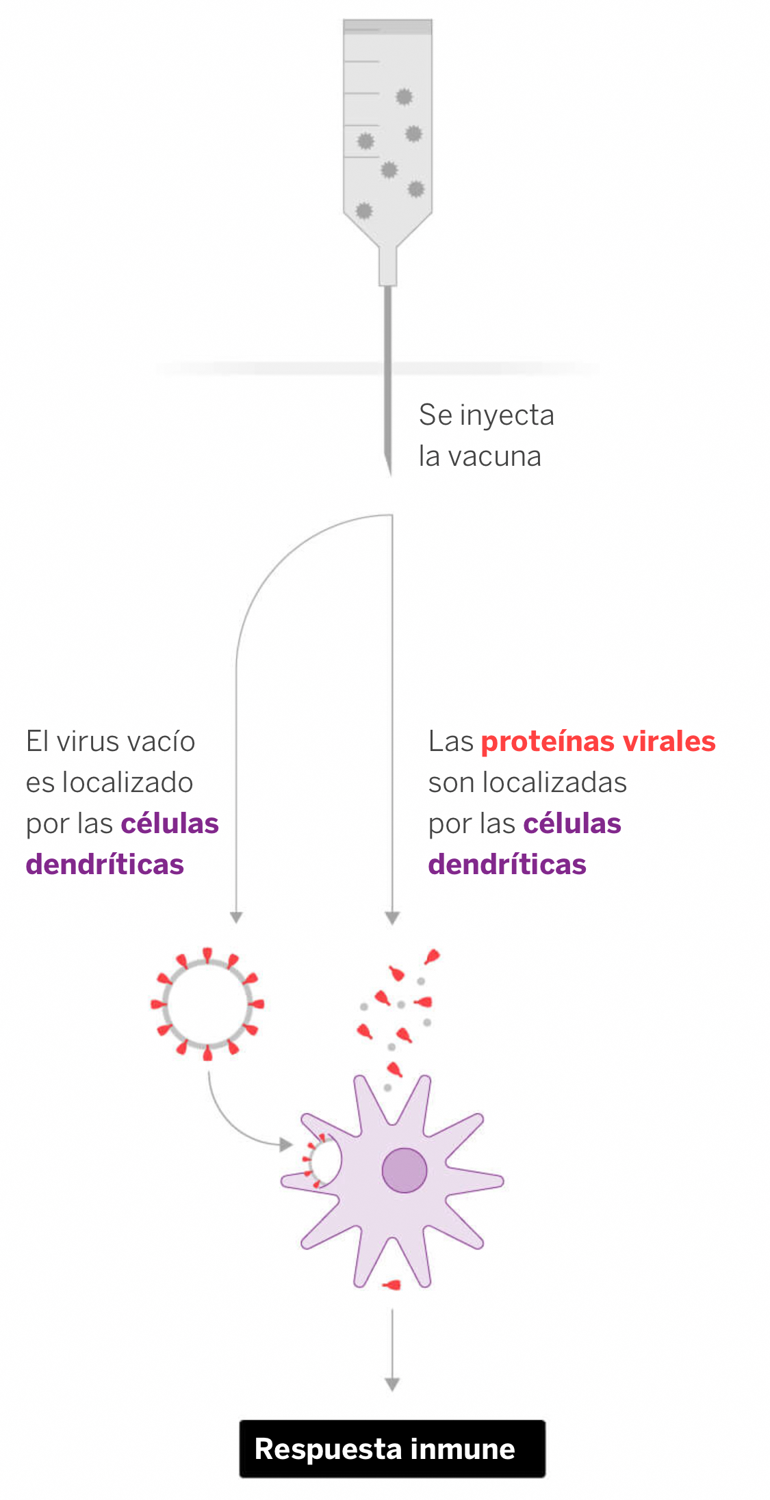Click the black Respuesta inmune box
pos(392,1448)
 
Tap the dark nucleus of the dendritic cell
pos(404,1170)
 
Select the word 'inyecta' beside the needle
pos(506,415)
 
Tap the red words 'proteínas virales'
pos(598,741)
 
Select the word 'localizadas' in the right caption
pos(554,782)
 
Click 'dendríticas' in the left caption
pos(105,865)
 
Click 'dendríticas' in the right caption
pos(507,865)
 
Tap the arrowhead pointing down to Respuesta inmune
pos(392,1384)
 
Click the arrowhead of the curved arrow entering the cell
pos(286,1144)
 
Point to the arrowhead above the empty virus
pos(236,917)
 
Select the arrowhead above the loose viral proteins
pos(392,917)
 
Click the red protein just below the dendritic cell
pos(392,1285)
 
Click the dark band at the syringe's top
pos(387,27)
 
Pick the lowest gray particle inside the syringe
pos(364,211)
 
